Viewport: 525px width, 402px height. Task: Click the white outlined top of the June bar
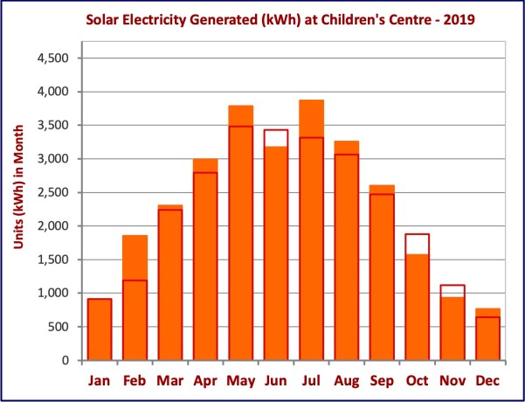(276, 138)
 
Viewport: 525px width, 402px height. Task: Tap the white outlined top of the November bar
(452, 291)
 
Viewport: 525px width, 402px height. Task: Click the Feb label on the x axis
(135, 380)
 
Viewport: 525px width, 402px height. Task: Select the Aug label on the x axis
(347, 380)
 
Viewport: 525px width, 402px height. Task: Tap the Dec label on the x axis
(487, 380)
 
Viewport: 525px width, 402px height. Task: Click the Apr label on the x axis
(205, 380)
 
